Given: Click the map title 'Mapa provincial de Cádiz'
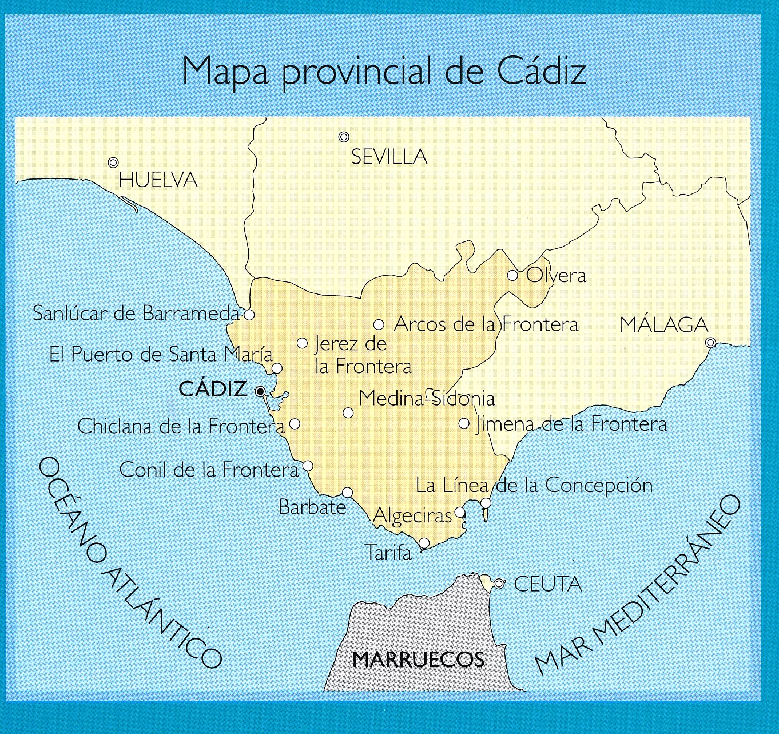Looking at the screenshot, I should (384, 72).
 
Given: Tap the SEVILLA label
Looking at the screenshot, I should (389, 157).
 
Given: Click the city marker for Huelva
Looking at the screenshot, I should (113, 163).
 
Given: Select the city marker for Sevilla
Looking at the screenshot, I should (344, 137).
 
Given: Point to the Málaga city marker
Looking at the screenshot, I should (710, 343).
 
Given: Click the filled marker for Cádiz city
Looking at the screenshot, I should (260, 392).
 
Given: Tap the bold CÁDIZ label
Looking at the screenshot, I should (213, 390).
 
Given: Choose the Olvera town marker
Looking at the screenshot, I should (513, 276).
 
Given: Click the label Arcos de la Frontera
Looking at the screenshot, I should (486, 324).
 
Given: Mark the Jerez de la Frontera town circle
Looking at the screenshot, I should (303, 343).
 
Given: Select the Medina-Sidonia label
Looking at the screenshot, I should (427, 398).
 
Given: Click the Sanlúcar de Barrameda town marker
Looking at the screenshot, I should (249, 314).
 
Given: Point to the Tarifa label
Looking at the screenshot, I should (388, 553).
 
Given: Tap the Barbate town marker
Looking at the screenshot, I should (347, 493).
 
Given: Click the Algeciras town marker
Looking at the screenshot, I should (460, 512).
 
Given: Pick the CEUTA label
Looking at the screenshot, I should (547, 584).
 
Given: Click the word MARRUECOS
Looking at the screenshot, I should (418, 660).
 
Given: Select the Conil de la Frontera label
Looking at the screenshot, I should (209, 470).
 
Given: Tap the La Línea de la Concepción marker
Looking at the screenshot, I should (486, 503).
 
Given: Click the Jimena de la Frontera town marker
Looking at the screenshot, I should (464, 424).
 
